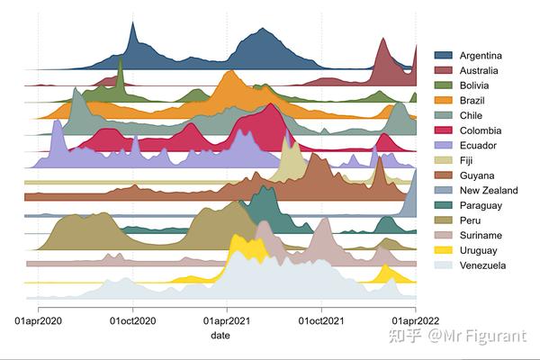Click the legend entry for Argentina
(x=481, y=56)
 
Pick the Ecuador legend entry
(x=478, y=146)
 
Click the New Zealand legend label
(x=489, y=191)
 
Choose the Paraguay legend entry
(x=481, y=205)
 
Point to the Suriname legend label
(x=482, y=236)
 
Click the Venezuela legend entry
(x=482, y=265)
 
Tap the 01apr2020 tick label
(x=39, y=320)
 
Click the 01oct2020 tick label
(x=133, y=320)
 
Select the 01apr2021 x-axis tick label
(x=228, y=320)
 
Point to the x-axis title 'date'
(x=220, y=335)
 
